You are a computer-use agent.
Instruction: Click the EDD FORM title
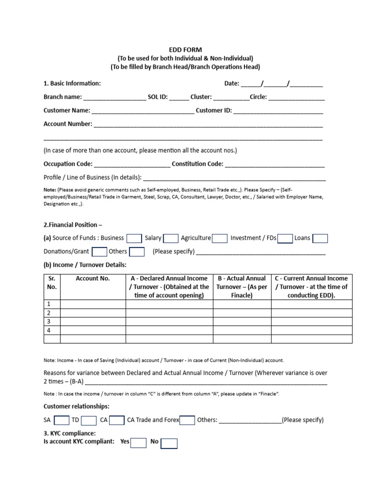click(x=185, y=50)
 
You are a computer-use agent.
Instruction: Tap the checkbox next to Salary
click(x=171, y=238)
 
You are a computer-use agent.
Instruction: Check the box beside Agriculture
click(x=220, y=238)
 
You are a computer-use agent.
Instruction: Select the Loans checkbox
click(x=320, y=238)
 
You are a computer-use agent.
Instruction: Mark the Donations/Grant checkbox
click(x=99, y=252)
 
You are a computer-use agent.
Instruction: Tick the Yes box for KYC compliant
click(x=138, y=443)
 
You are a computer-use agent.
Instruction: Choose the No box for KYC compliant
click(x=169, y=443)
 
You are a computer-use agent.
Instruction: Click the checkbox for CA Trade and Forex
click(x=187, y=421)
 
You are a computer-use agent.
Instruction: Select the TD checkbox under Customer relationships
click(x=89, y=421)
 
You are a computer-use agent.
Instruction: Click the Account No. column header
click(x=93, y=278)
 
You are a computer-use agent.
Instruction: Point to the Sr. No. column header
click(x=52, y=283)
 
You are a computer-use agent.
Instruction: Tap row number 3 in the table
click(x=48, y=321)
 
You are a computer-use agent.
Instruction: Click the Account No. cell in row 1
click(x=93, y=304)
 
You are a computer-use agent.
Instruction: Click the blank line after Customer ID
click(x=278, y=111)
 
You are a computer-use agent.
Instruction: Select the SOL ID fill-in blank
click(x=179, y=97)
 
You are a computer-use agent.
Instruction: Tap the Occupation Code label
click(x=68, y=164)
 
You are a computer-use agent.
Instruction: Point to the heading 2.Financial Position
click(x=73, y=225)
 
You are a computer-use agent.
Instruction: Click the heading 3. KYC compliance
click(x=70, y=433)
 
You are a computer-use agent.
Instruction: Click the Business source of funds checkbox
click(x=134, y=238)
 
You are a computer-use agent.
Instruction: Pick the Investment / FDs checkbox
click(x=285, y=238)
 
